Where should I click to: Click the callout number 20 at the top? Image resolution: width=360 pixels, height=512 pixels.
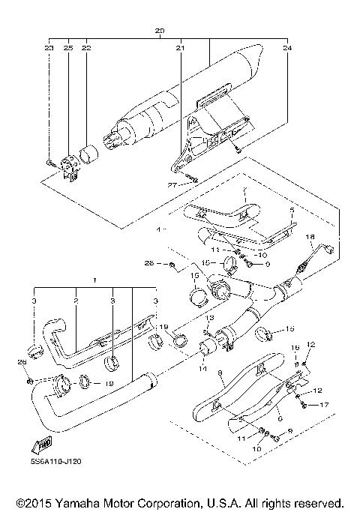[159, 31]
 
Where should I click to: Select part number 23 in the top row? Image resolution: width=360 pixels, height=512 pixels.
[49, 48]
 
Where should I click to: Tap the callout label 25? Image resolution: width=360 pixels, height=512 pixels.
[67, 48]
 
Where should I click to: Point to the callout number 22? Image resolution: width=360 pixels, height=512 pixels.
[85, 48]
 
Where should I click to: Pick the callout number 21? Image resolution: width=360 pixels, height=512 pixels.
[180, 48]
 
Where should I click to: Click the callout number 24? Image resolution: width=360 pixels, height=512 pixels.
[286, 48]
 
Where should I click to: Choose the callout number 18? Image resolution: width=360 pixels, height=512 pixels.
[310, 237]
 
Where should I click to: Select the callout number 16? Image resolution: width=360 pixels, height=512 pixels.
[295, 349]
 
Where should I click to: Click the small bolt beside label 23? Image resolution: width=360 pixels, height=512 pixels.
[49, 162]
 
